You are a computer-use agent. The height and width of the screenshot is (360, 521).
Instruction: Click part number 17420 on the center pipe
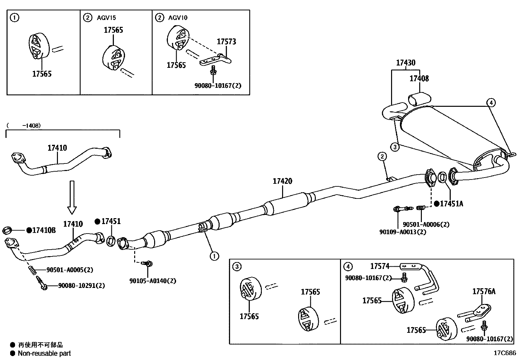coord(282,181)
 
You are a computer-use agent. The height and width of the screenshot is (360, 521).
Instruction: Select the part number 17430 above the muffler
coord(405,63)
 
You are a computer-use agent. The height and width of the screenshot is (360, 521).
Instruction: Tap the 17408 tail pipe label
coord(419,79)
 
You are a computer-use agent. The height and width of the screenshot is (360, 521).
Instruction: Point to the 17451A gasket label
coord(451,204)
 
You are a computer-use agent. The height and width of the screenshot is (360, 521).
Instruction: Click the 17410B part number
coord(44,231)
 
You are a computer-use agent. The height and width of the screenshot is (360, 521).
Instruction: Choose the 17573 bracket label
coord(226,42)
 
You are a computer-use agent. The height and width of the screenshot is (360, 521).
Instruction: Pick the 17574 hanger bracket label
coord(380,266)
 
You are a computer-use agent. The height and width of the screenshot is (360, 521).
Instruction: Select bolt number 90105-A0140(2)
coord(153,281)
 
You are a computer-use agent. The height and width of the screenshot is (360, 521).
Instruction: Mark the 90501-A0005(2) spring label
coord(70,270)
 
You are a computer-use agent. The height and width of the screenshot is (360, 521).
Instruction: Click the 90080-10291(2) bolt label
coord(81,286)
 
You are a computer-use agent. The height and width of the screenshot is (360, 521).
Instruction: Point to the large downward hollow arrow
coord(72,197)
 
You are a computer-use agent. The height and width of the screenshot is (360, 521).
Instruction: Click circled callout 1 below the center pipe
coord(214,256)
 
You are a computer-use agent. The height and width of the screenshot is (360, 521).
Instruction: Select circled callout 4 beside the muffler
coord(491,103)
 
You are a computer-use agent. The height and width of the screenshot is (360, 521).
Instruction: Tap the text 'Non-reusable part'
coord(44,353)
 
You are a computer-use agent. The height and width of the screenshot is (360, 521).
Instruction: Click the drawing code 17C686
coord(505,353)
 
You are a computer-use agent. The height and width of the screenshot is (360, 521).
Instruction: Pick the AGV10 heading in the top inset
coord(178,18)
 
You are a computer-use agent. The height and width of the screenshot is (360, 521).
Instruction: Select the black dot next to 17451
coord(97,222)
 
